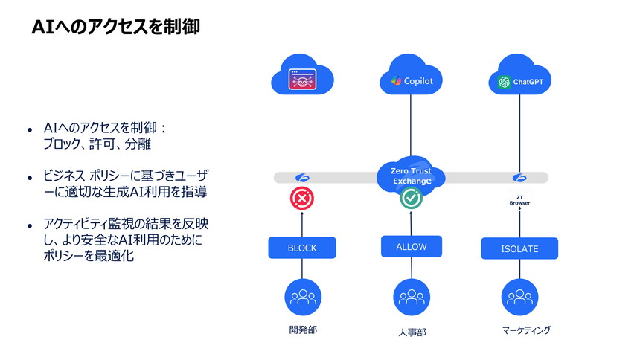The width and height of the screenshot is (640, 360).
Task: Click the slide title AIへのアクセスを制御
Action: [x=115, y=28]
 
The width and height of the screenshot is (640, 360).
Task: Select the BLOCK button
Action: [x=301, y=248]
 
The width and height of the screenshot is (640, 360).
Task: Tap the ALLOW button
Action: [x=411, y=246]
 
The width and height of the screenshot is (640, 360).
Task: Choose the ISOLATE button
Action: [x=519, y=248]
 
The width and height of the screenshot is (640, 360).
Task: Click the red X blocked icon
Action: [x=301, y=198]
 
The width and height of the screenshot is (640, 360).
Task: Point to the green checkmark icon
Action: [x=411, y=198]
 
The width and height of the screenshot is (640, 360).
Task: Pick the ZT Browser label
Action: [x=519, y=200]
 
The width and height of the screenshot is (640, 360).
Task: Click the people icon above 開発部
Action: [x=301, y=298]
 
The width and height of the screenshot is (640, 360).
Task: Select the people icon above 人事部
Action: [x=411, y=298]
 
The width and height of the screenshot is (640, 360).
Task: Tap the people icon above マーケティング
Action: [x=519, y=298]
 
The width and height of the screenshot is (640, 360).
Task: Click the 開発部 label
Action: [x=301, y=330]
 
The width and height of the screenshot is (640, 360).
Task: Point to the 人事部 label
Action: [x=411, y=332]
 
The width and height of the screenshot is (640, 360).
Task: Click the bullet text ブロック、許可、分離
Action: [x=97, y=144]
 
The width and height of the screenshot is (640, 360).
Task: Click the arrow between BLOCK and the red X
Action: [x=301, y=224]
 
